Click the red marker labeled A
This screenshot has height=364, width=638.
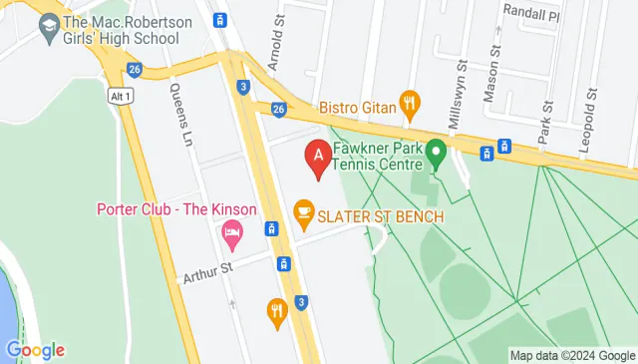[x=318, y=158]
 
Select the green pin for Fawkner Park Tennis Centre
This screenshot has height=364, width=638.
[x=435, y=153]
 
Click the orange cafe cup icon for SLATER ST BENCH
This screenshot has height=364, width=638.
[x=304, y=211]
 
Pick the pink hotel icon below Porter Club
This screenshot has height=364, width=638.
[x=231, y=236]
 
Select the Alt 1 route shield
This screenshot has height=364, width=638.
[x=120, y=93]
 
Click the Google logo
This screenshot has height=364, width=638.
[x=35, y=350]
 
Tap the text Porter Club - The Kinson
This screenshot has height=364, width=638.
[x=176, y=209]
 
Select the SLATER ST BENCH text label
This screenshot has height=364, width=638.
[x=382, y=216]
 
